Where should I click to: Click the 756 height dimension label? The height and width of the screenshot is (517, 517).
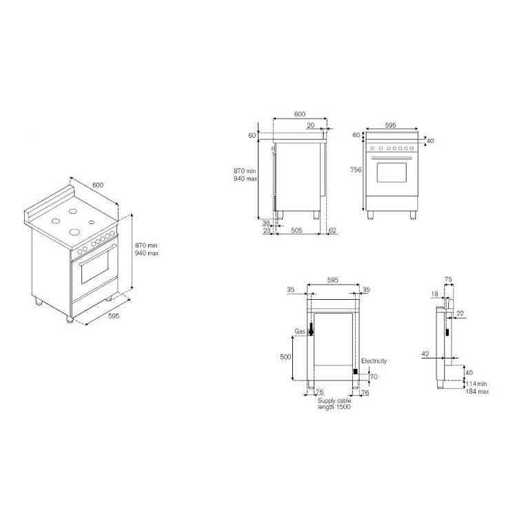tap(356, 170)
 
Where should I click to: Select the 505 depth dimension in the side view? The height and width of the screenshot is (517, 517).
tap(296, 230)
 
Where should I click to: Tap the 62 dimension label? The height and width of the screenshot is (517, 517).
tap(332, 230)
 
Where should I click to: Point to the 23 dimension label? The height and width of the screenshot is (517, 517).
tap(267, 230)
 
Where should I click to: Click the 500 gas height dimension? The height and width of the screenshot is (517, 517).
tap(285, 357)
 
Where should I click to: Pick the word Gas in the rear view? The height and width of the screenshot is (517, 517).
tap(300, 332)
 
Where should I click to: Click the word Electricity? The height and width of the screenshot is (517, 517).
tap(374, 361)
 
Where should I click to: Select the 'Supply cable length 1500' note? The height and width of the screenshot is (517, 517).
tap(334, 404)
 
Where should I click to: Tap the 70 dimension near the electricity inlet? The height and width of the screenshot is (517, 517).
tap(374, 376)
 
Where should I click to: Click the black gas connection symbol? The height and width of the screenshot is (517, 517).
tap(311, 329)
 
